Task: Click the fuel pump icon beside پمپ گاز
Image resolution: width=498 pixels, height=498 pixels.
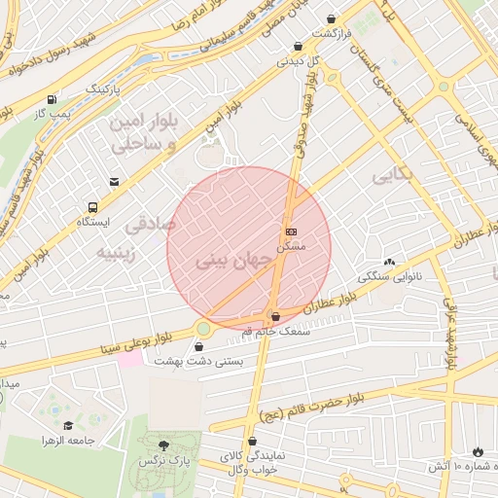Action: [x=50, y=99]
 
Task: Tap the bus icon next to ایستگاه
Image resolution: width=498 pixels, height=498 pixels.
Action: [x=92, y=207]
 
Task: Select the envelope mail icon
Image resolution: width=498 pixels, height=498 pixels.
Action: [x=114, y=182]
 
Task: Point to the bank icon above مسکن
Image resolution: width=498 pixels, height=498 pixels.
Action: [x=292, y=231]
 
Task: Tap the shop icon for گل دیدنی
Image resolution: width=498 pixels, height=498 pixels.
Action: [x=298, y=46]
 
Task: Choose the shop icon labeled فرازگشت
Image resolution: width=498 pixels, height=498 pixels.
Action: [x=332, y=18]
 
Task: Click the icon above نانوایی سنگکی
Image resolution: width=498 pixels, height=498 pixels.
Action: [x=390, y=261]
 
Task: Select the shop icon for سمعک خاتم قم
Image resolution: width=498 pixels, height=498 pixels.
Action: [x=276, y=315]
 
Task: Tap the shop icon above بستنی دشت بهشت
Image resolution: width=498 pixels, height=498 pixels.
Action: [x=200, y=345]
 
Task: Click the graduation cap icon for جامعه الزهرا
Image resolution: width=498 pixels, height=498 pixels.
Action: [x=68, y=425]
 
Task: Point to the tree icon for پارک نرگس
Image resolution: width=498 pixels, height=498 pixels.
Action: [x=161, y=444]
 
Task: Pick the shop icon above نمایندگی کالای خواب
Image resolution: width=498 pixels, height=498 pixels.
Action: [x=251, y=441]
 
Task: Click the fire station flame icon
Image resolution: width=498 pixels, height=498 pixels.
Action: [x=477, y=451]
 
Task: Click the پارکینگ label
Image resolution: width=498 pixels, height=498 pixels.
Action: [x=106, y=88]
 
